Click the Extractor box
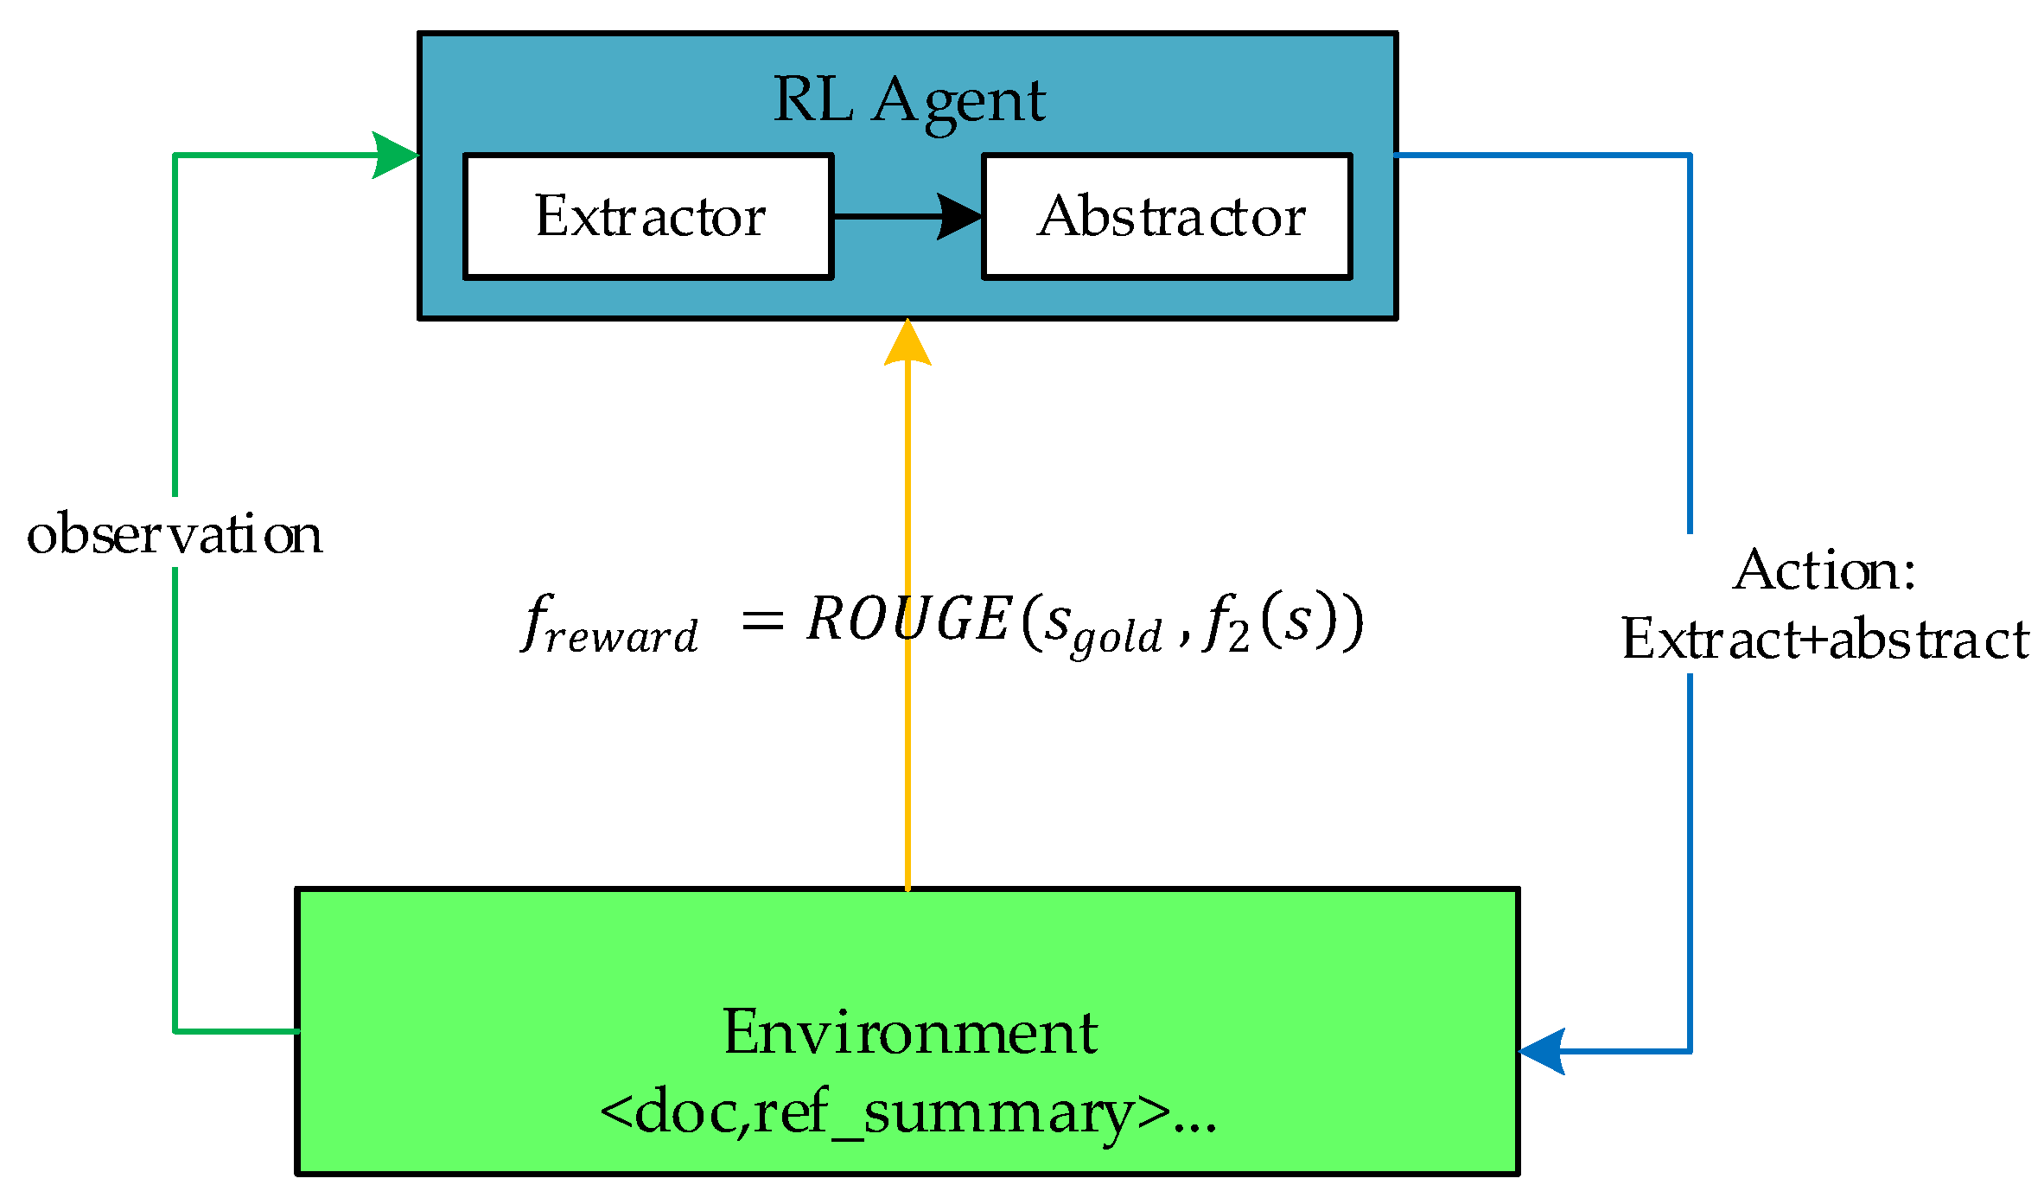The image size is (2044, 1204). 648,216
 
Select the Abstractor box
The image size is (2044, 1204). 1167,216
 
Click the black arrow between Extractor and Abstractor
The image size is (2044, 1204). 907,216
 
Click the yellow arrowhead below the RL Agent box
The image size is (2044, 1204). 907,344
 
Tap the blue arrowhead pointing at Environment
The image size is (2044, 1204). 1543,1051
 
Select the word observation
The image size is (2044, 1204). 175,534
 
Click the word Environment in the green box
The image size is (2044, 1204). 909,1032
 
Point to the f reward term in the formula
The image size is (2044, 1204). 609,624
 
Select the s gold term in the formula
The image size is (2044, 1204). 1102,627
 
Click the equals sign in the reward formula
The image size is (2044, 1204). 762,621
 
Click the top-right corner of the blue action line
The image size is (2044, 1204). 1690,156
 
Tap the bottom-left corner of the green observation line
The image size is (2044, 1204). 175,1031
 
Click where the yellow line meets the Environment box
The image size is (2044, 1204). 907,889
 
